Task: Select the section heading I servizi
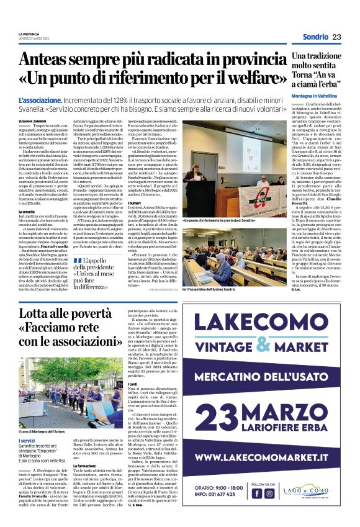coord(27,423)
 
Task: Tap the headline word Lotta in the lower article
coord(35,313)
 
